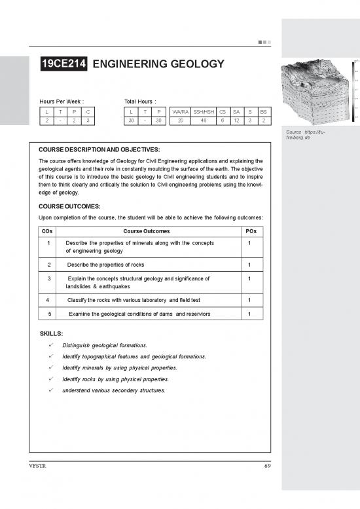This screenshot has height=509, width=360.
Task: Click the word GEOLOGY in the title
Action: [x=192, y=64]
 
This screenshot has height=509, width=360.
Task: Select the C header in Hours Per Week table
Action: [x=87, y=112]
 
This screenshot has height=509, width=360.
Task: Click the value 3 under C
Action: [x=87, y=121]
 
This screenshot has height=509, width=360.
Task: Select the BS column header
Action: [x=263, y=112]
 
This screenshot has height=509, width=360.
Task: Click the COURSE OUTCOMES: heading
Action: [x=69, y=205]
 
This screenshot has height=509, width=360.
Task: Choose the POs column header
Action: [x=250, y=231]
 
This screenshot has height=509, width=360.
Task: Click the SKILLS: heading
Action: [x=52, y=333]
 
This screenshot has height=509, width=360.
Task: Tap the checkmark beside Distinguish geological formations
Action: [x=51, y=345]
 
